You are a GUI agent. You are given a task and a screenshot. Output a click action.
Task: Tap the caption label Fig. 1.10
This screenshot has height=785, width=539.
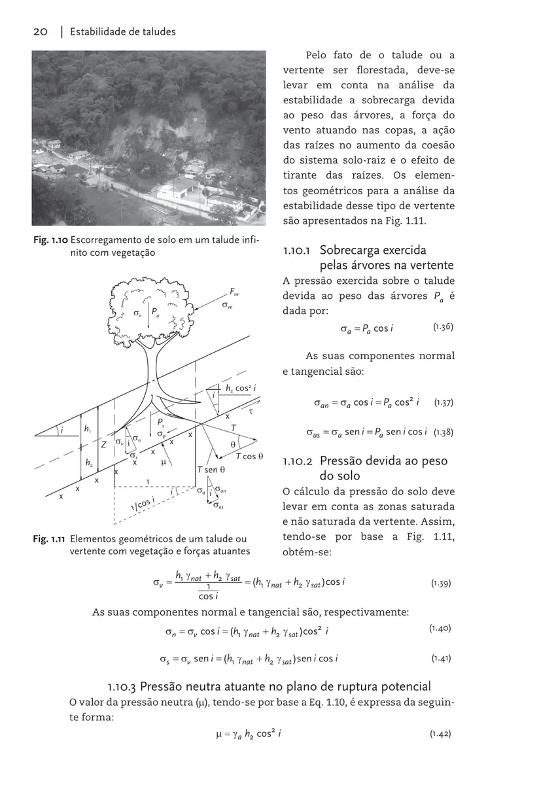50,240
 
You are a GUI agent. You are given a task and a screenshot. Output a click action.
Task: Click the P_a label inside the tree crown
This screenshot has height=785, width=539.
156,313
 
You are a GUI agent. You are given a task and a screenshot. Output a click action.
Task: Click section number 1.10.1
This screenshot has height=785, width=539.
299,251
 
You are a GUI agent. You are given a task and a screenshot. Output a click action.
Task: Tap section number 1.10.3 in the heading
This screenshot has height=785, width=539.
121,686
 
